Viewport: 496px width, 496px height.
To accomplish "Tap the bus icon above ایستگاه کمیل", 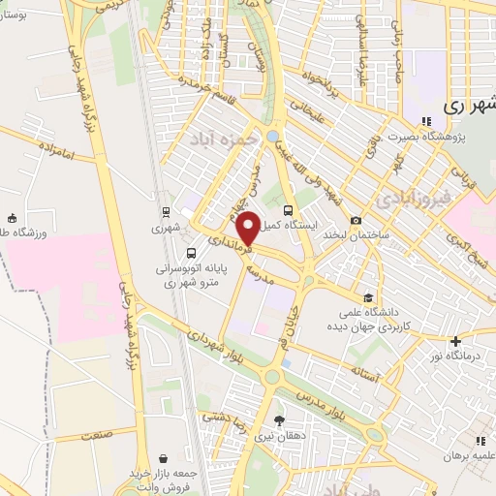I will [288, 210].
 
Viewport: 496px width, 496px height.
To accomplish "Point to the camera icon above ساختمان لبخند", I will [356, 221].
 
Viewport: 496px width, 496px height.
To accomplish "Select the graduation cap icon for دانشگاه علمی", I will [367, 297].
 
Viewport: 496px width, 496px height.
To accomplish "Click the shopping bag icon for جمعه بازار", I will [164, 457].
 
